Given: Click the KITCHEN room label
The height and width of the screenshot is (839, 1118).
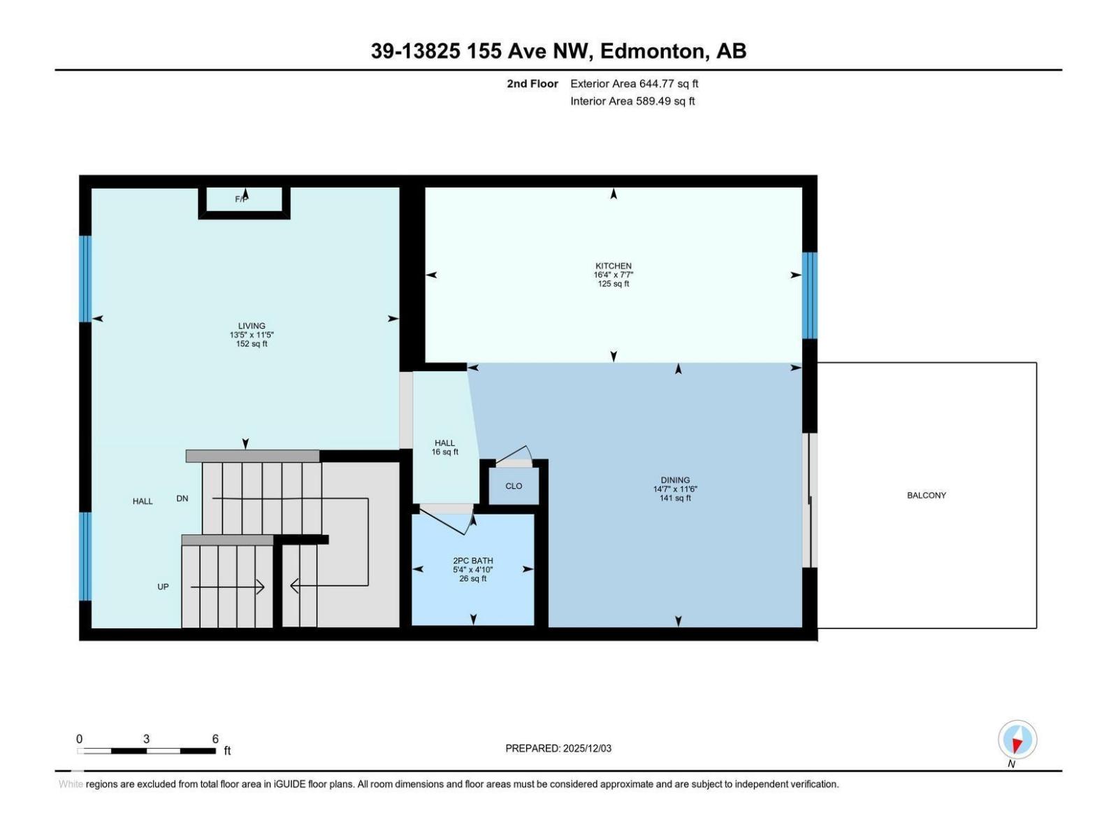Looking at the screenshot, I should coord(614,266).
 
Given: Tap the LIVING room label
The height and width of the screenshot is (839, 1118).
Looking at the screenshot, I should coord(252,326).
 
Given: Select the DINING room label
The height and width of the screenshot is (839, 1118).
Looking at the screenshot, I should coord(675,480).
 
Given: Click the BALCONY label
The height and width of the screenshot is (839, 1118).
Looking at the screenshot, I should coord(927,495).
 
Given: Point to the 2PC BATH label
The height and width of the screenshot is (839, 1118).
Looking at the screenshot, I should coord(473,561).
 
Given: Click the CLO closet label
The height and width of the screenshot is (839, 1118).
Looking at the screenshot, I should coord(514,486).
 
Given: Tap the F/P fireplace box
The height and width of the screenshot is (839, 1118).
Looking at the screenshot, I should coord(244,201).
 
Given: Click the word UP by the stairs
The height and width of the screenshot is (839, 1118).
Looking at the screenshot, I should coord(163,587).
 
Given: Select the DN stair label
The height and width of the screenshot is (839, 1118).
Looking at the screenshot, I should coord(182,499).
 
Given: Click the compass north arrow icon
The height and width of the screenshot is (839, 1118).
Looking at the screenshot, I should coord(1017,740).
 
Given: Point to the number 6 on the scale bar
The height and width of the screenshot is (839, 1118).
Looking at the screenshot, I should coord(215,739).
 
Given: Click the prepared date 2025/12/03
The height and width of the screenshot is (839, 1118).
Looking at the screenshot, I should coord(587,748).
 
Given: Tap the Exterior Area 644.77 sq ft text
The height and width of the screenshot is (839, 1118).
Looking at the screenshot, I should coord(634,84).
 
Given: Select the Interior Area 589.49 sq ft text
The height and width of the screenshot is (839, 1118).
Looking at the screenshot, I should coord(632,101).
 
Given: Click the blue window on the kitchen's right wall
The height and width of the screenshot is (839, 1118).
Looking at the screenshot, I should coord(809,295).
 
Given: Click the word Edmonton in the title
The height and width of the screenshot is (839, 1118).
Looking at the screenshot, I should coord(651,51).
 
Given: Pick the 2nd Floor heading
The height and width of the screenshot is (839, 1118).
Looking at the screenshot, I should coord(532,84).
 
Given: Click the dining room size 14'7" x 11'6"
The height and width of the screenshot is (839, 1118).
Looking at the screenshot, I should coord(675,489).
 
